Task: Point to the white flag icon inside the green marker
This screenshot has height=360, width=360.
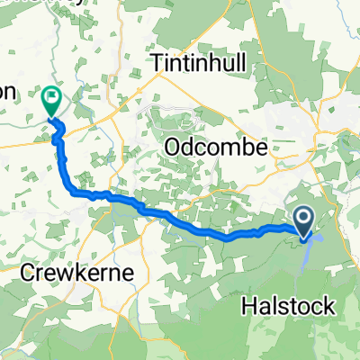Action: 51,94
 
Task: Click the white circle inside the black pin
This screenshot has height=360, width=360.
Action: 304,216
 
